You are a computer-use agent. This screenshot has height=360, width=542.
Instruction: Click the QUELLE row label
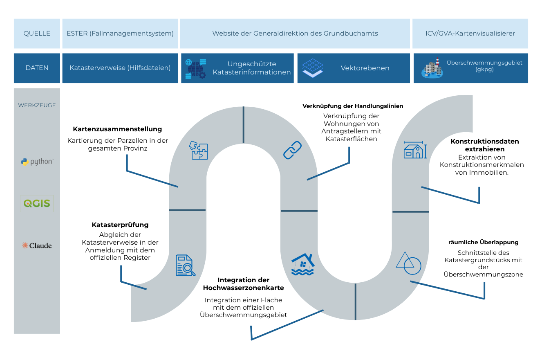(x=37, y=34)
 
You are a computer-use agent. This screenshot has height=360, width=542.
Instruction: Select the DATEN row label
(x=37, y=68)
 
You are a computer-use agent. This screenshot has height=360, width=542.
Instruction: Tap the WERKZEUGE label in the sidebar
(x=37, y=105)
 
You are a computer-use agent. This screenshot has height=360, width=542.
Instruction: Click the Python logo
(x=37, y=162)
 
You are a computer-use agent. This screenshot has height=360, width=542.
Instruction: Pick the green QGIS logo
(x=37, y=203)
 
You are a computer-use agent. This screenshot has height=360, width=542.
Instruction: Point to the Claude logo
(x=37, y=245)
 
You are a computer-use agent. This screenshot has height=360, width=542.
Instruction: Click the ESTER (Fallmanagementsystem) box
(x=120, y=34)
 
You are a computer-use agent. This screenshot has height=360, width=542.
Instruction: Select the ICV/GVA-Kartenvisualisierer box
(x=470, y=34)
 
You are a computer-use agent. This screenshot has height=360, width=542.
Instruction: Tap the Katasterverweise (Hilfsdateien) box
(x=120, y=68)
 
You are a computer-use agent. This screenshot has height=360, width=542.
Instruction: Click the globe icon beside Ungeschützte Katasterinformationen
(x=196, y=69)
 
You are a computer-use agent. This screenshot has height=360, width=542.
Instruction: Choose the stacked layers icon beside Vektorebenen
(x=313, y=68)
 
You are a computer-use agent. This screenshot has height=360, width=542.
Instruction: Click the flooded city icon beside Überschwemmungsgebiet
(x=432, y=68)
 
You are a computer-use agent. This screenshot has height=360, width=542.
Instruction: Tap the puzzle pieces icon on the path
(x=198, y=150)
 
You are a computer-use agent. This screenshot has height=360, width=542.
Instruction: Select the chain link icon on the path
(x=292, y=150)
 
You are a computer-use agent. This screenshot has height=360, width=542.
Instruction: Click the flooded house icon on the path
(x=303, y=264)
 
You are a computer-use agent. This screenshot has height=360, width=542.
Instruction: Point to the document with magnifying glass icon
(x=185, y=265)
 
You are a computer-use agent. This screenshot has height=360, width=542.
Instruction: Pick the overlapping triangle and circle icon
(x=408, y=263)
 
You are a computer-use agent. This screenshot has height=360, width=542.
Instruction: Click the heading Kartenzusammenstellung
(x=117, y=129)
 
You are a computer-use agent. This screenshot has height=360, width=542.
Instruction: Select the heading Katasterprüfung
(x=120, y=225)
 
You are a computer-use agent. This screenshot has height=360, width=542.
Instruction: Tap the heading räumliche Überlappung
(x=483, y=242)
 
